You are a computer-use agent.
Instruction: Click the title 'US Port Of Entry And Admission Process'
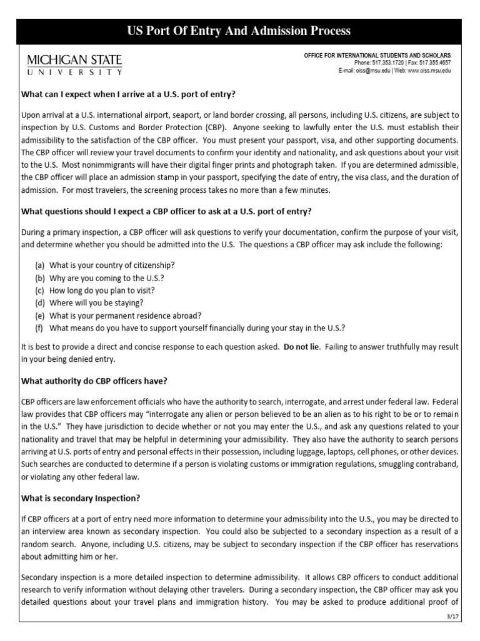239,31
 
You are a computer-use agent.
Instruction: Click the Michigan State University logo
74,64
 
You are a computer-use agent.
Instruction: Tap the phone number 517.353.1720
387,63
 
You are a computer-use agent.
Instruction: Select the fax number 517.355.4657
435,63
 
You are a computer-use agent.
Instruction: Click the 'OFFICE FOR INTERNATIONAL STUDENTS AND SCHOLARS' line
377,56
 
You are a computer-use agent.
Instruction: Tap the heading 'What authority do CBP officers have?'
94,381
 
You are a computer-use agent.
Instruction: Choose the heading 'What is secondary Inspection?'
81,498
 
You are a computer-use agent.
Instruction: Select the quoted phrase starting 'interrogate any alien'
250,414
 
